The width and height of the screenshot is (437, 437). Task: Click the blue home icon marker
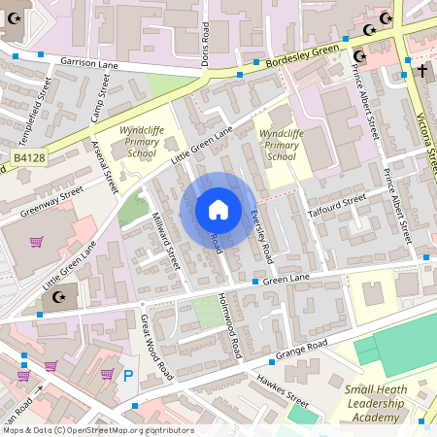coord(218,210)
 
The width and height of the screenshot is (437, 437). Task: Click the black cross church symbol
coord(421,71)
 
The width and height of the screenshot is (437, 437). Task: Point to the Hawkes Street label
coord(283,388)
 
